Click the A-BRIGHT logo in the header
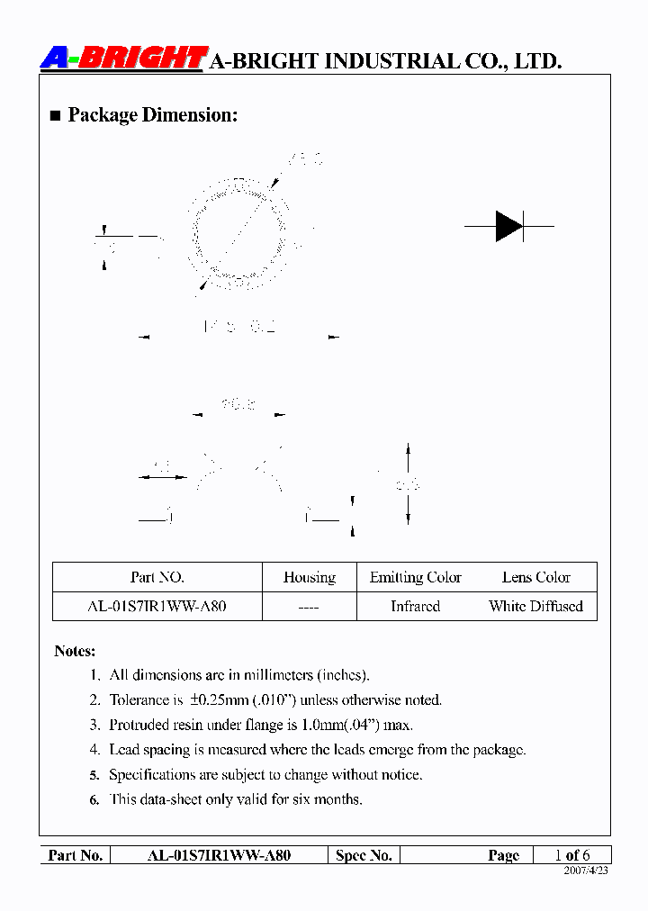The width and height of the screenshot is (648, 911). [x=124, y=59]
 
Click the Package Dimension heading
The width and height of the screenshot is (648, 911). [x=152, y=115]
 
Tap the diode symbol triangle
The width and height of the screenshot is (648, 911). [x=508, y=226]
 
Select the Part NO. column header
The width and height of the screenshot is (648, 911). [x=157, y=578]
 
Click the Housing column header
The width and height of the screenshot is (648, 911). [x=309, y=578]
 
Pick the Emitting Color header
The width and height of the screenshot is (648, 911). [x=415, y=578]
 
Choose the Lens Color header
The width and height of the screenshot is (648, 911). [x=535, y=578]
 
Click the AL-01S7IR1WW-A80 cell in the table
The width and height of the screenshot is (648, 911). [x=157, y=607]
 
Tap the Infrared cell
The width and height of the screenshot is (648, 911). [x=415, y=607]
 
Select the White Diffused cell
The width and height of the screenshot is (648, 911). [x=535, y=607]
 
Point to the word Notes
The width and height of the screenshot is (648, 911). [x=75, y=651]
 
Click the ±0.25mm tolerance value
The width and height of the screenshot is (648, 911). [x=226, y=699]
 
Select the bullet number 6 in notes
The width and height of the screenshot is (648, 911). [x=94, y=799]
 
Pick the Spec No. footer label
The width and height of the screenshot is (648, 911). [x=364, y=855]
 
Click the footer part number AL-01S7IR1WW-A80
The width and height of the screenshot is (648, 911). [x=219, y=855]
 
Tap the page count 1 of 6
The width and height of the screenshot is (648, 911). [x=571, y=855]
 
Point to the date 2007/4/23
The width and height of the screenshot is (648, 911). [x=586, y=871]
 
